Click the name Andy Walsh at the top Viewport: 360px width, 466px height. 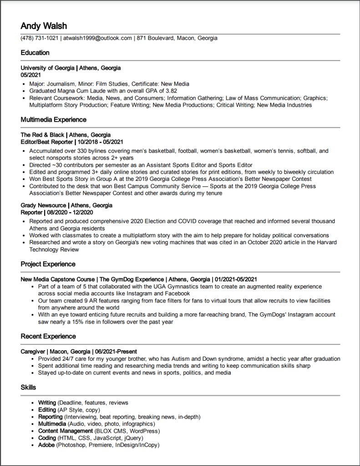pos(44,26)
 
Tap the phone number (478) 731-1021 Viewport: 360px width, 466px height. pos(40,38)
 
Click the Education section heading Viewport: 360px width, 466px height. pos(35,53)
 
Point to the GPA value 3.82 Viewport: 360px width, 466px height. pos(170,91)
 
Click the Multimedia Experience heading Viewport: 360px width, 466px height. pos(53,120)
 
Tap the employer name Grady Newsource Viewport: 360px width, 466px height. pos(43,205)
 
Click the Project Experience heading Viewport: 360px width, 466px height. pos(48,264)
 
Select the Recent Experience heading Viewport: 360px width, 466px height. pos(48,336)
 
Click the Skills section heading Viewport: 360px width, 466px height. pos(28,387)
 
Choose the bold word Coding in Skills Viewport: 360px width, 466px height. pos(47,438)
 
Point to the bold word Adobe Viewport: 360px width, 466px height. pos(46,445)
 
